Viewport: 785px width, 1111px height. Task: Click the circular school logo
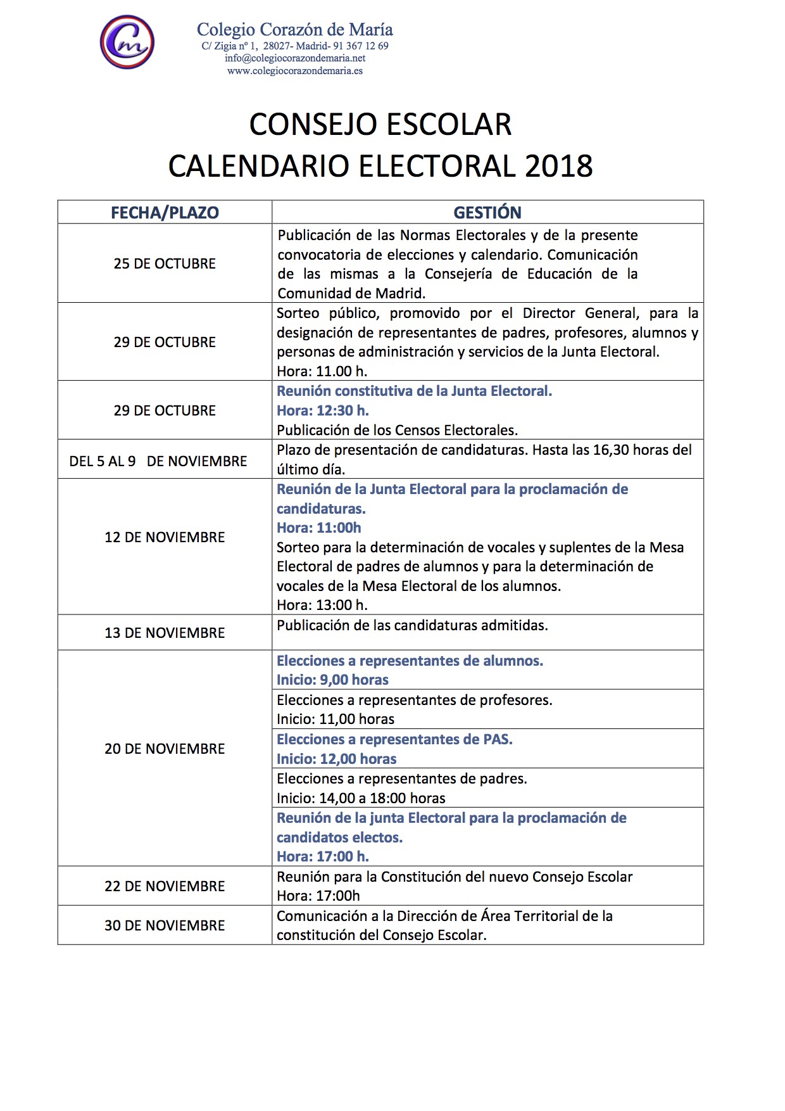127,42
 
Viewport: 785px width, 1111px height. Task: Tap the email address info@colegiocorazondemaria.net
295,58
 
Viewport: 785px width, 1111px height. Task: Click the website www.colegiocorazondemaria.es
295,71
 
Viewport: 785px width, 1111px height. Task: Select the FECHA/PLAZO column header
165,213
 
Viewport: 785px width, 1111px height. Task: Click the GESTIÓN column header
487,213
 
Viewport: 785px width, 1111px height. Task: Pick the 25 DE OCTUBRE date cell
165,263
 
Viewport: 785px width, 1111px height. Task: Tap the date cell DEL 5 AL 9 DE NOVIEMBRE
158,461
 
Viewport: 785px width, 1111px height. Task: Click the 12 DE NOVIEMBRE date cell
165,537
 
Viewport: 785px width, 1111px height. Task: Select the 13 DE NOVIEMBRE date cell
165,633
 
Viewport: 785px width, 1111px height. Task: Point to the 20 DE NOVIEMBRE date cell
165,749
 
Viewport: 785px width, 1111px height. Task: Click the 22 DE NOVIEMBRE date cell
165,886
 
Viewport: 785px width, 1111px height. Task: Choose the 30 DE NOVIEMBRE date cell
165,925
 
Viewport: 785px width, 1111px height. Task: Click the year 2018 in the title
558,167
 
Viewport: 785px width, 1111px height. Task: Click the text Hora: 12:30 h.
323,410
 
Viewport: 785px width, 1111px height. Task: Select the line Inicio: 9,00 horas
332,680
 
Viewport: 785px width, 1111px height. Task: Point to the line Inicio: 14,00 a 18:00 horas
361,798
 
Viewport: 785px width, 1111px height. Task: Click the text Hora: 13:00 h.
322,605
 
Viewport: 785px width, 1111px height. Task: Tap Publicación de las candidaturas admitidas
412,626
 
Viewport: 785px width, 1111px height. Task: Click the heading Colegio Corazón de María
295,30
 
